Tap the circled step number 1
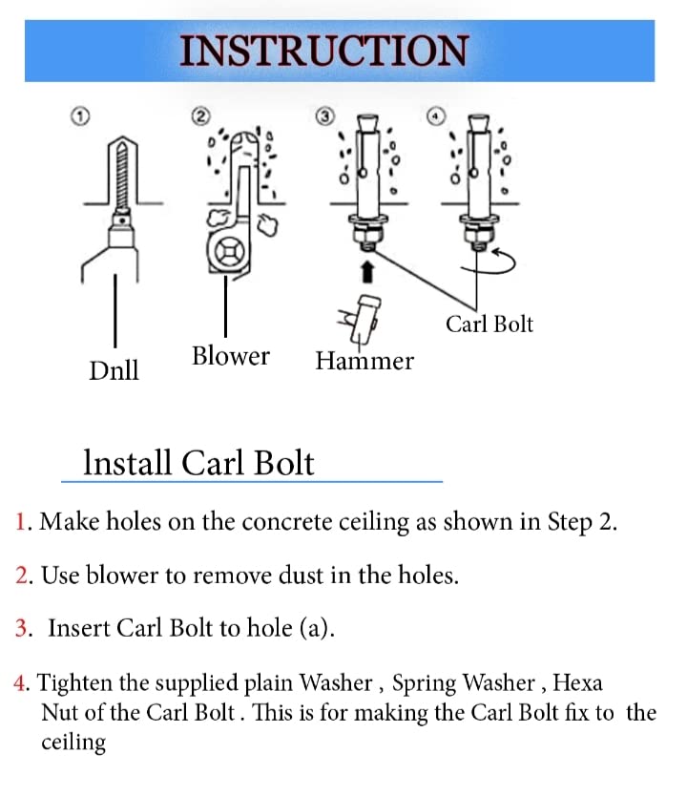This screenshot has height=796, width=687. [x=82, y=115]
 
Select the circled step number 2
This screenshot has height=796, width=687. [x=200, y=115]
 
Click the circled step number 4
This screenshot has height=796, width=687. [x=436, y=115]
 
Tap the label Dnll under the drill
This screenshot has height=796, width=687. [x=114, y=369]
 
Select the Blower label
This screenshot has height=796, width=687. [x=230, y=356]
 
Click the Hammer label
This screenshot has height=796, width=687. [x=364, y=361]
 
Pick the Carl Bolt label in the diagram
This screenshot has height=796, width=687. [x=489, y=324]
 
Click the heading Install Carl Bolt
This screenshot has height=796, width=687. [x=198, y=463]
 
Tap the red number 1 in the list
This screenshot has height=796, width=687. [x=22, y=523]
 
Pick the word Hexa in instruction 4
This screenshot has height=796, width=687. [x=577, y=682]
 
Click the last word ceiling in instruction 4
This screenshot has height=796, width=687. [x=73, y=742]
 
